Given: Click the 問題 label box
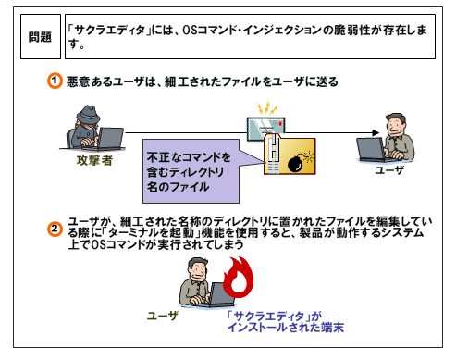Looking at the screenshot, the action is pyautogui.click(x=41, y=36).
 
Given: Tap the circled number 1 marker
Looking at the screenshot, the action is pyautogui.click(x=55, y=81).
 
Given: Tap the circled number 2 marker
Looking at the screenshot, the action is pyautogui.click(x=55, y=230).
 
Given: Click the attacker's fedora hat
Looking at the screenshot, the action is pyautogui.click(x=88, y=115).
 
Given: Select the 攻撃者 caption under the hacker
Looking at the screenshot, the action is pyautogui.click(x=94, y=160).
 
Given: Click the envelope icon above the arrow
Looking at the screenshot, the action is pyautogui.click(x=265, y=128).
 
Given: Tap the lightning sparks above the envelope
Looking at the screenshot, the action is pyautogui.click(x=267, y=107).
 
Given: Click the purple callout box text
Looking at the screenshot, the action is pyautogui.click(x=188, y=172).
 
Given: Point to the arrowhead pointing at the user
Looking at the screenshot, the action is pyautogui.click(x=376, y=132).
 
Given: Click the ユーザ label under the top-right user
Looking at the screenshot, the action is pyautogui.click(x=389, y=169).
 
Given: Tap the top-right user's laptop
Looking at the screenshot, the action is pyautogui.click(x=371, y=149).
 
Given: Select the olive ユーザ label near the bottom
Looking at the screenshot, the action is pyautogui.click(x=163, y=316).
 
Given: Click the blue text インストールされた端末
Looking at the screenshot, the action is pyautogui.click(x=286, y=328).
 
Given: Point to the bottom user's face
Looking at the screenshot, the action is pyautogui.click(x=197, y=270).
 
